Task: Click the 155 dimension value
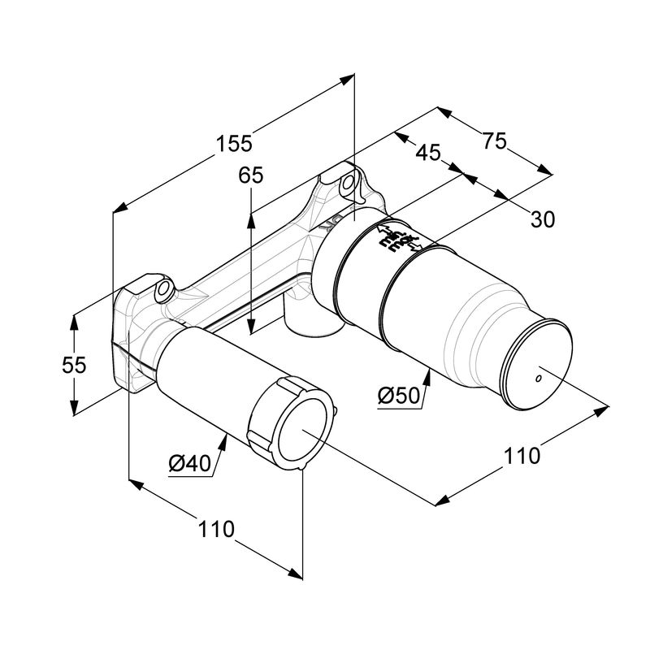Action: [235, 143]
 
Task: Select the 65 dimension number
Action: [252, 176]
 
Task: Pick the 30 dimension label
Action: [543, 219]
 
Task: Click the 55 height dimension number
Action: [74, 365]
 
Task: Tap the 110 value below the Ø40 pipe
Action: [216, 529]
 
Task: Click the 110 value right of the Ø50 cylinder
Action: [521, 456]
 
